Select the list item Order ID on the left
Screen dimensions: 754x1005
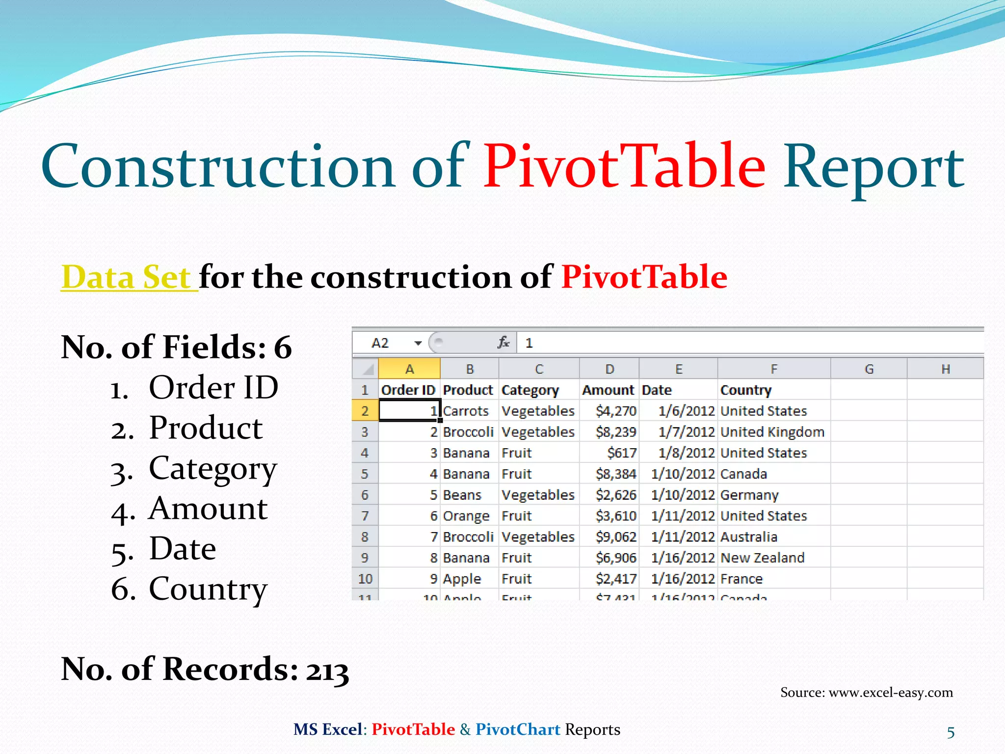pyautogui.click(x=213, y=387)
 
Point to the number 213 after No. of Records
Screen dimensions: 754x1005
pyautogui.click(x=327, y=671)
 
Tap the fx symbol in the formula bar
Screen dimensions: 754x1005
pyautogui.click(x=503, y=342)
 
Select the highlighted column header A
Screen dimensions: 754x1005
pyautogui.click(x=409, y=369)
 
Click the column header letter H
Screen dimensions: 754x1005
pyautogui.click(x=945, y=369)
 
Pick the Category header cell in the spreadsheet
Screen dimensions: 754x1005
pyautogui.click(x=530, y=390)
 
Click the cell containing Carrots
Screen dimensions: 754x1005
pyautogui.click(x=466, y=411)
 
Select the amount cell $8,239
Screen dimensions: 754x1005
pyautogui.click(x=615, y=432)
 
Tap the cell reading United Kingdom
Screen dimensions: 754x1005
pyautogui.click(x=772, y=432)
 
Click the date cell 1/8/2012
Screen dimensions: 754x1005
pyautogui.click(x=686, y=453)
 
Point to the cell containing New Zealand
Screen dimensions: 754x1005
pyautogui.click(x=762, y=558)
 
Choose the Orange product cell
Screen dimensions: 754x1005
pyautogui.click(x=466, y=516)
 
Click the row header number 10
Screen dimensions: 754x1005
pyautogui.click(x=365, y=579)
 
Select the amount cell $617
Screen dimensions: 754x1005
pyautogui.click(x=621, y=453)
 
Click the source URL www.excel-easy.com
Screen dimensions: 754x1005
pyautogui.click(x=890, y=692)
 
